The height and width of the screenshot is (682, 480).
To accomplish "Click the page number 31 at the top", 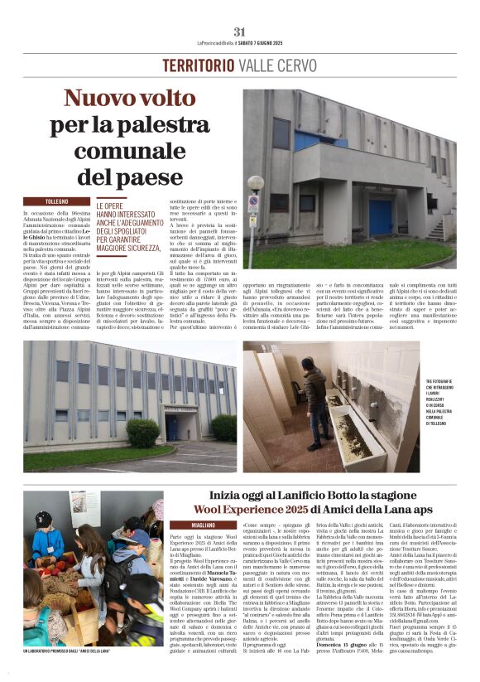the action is (x=239, y=31).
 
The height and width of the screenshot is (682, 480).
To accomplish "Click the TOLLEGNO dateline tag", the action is (x=57, y=201).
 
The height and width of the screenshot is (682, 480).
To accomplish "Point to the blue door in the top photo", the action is (x=380, y=217).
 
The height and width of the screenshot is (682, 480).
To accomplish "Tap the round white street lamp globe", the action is (x=255, y=183).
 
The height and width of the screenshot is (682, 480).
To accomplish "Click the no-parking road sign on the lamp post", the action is (x=254, y=203).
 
